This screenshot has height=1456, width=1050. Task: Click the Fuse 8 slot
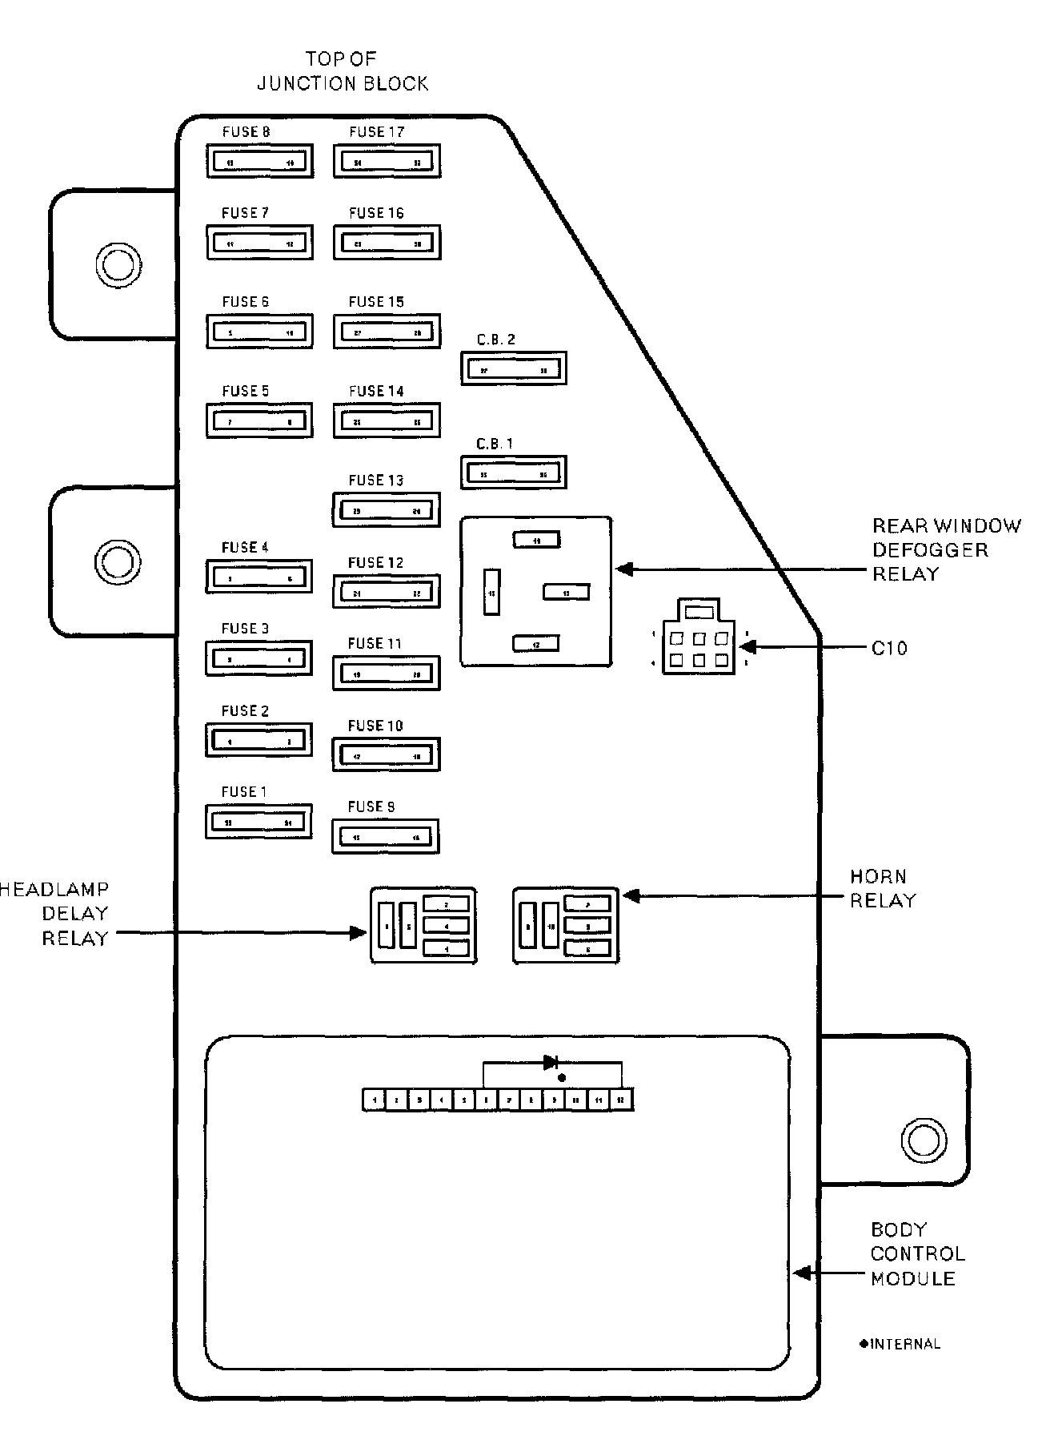259,162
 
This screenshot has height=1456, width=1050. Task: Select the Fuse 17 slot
387,162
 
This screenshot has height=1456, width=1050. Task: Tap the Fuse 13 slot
387,510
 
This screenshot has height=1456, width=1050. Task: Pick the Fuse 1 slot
258,822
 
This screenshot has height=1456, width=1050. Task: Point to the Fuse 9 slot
386,837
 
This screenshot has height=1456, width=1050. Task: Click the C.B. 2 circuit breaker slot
514,369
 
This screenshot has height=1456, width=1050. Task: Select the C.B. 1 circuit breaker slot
514,473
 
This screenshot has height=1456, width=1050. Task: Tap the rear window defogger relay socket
536,592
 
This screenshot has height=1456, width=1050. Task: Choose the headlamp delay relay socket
423,925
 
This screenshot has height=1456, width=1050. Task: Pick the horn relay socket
566,925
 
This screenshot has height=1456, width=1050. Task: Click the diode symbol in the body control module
551,1063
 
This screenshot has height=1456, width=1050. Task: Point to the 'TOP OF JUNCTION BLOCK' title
342,70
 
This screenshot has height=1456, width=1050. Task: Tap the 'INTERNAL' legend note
900,1345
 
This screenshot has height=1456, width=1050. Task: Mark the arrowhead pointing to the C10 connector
745,647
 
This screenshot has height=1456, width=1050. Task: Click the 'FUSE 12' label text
375,563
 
